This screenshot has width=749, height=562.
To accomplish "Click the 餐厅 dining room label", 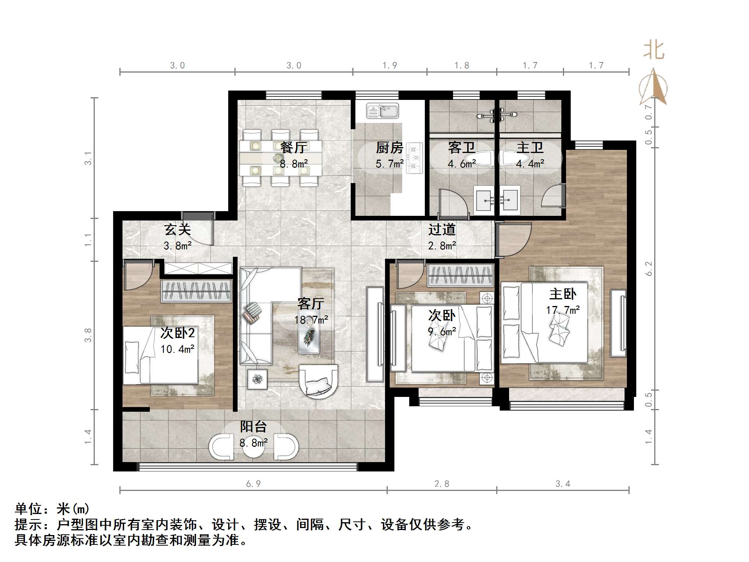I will pyautogui.click(x=293, y=148).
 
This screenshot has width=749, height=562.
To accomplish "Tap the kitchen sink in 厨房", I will pyautogui.click(x=382, y=110).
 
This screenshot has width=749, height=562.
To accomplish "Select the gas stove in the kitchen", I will pyautogui.click(x=414, y=158).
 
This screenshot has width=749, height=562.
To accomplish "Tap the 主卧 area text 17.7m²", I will pyautogui.click(x=563, y=310).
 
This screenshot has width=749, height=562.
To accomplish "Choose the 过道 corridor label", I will pyautogui.click(x=442, y=229).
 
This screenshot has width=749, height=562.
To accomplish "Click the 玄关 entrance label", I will pyautogui.click(x=177, y=229).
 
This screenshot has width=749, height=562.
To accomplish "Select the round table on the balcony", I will pyautogui.click(x=254, y=447).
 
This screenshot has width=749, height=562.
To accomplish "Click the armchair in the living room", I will pyautogui.click(x=318, y=381).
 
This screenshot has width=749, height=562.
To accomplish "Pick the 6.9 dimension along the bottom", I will pyautogui.click(x=253, y=484).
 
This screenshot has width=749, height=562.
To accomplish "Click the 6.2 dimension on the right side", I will pyautogui.click(x=648, y=269).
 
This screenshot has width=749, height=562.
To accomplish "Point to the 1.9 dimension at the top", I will pyautogui.click(x=390, y=66).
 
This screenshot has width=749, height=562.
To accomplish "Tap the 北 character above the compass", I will pyautogui.click(x=654, y=51).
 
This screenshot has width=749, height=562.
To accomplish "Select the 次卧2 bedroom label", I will pyautogui.click(x=177, y=333).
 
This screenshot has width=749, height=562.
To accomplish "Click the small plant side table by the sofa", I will pyautogui.click(x=257, y=379).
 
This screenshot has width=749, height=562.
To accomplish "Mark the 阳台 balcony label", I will pyautogui.click(x=253, y=427).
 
